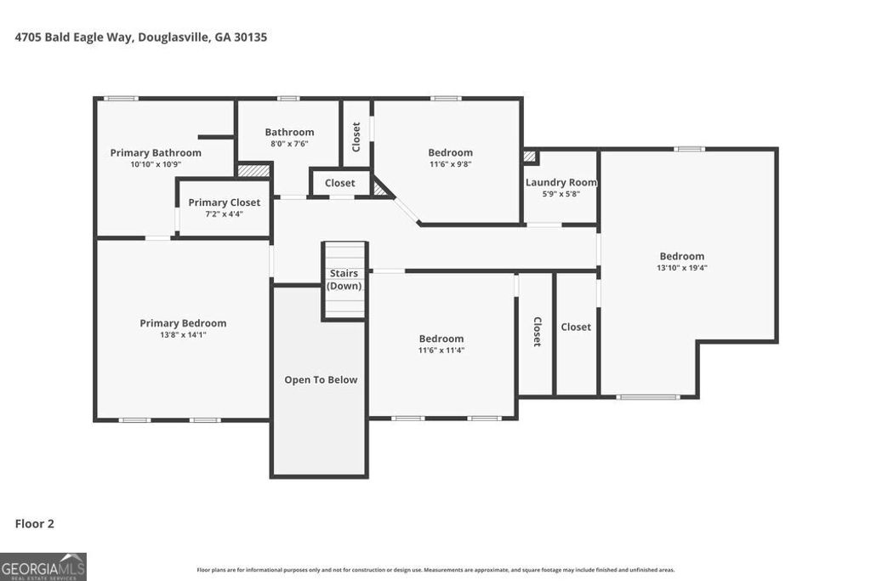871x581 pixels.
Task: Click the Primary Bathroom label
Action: tap(156, 153)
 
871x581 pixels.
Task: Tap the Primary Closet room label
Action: tap(225, 202)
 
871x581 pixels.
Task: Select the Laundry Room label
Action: tap(561, 183)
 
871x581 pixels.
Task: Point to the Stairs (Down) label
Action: tap(344, 280)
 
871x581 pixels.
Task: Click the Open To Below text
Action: tap(321, 380)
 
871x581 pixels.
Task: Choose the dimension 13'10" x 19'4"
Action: tap(681, 267)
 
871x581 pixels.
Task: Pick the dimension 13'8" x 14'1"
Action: tap(183, 334)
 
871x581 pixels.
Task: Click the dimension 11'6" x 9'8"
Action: tap(450, 164)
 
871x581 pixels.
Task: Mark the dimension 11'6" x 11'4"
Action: tap(441, 350)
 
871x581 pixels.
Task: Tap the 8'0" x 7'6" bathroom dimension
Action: tap(289, 144)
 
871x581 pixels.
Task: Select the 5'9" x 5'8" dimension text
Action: tap(561, 194)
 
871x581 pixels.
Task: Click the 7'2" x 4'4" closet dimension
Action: tap(225, 214)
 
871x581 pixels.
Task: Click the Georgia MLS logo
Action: tap(43, 567)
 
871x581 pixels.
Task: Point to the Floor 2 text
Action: tap(35, 524)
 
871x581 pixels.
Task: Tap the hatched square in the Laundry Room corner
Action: tap(530, 157)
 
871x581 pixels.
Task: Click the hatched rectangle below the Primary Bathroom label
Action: tap(253, 171)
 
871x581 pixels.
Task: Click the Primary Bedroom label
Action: tap(183, 323)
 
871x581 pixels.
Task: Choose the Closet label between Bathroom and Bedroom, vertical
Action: tap(356, 137)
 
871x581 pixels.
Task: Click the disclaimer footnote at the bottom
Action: tap(435, 570)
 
